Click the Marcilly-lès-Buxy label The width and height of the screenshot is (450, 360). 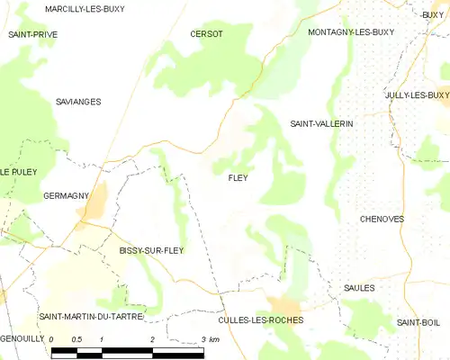tap(85, 9)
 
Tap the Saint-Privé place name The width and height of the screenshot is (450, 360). tap(33, 34)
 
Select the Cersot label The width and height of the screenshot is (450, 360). tap(206, 34)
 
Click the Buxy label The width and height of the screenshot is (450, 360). tap(433, 14)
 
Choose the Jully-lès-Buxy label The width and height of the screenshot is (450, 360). tap(416, 95)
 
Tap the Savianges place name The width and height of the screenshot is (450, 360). tap(77, 102)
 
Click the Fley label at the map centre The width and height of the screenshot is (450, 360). tap(238, 178)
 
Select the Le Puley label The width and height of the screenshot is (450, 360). tap(17, 171)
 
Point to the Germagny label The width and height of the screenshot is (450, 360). tap(65, 195)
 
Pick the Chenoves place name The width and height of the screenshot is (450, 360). tap(382, 219)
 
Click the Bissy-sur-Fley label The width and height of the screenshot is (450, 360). tap(151, 250)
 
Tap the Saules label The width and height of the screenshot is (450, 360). tap(358, 288)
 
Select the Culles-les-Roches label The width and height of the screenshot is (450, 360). tap(261, 320)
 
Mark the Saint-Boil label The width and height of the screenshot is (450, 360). tap(418, 322)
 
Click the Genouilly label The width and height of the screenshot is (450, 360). tap(22, 339)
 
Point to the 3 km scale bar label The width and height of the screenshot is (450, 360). tap(210, 339)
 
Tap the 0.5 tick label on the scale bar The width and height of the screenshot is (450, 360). tap(76, 339)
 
